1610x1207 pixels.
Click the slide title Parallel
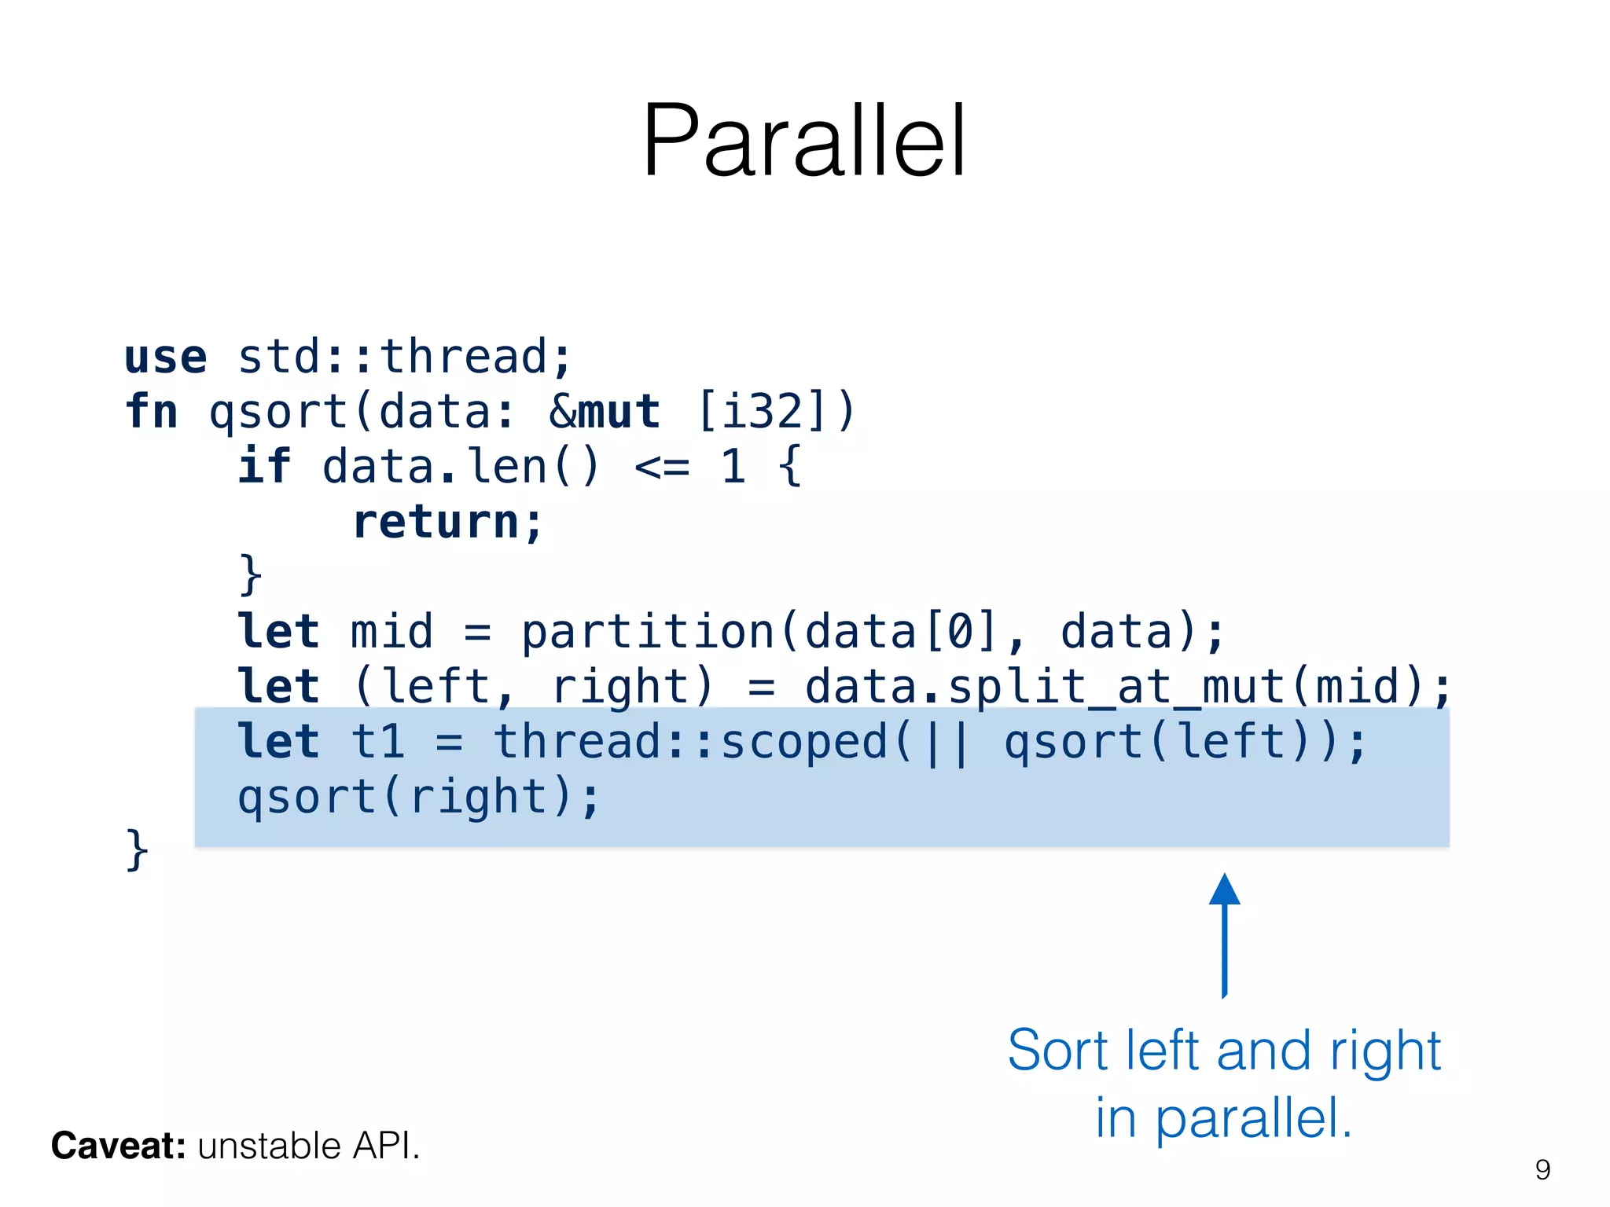click(x=803, y=141)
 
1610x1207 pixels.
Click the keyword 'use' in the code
click(x=166, y=357)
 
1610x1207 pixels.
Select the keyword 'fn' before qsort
click(x=152, y=412)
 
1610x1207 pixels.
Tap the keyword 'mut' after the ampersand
click(x=619, y=412)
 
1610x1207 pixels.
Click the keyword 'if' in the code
click(x=264, y=466)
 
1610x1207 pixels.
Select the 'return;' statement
click(x=448, y=522)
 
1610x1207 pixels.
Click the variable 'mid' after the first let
click(x=391, y=632)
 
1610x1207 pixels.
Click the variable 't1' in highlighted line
click(x=377, y=743)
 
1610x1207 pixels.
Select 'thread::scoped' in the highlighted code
click(x=690, y=743)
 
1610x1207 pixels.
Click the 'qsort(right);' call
click(x=419, y=798)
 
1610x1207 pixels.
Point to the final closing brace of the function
click(x=137, y=850)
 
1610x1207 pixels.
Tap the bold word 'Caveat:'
click(x=118, y=1146)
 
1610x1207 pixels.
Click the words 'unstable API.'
click(x=309, y=1146)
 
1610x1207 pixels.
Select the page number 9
click(x=1542, y=1170)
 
